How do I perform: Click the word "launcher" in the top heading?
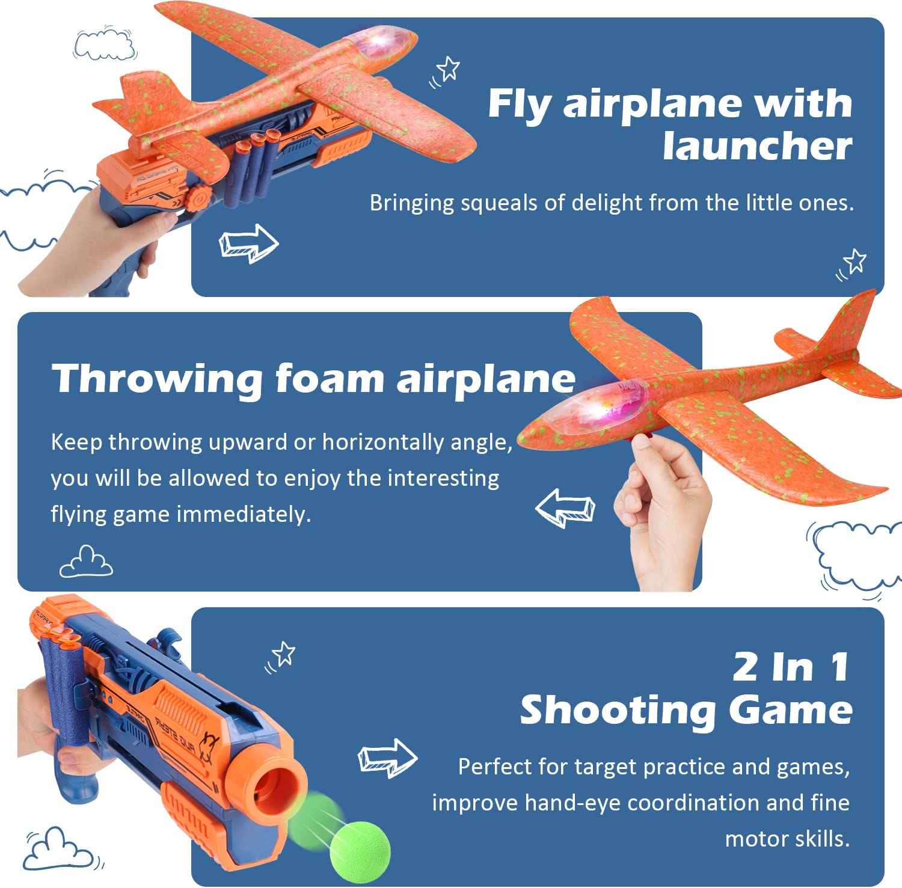coord(757,147)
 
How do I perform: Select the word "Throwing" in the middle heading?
coord(157,379)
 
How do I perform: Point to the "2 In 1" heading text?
coord(790,667)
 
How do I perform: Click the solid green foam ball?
coord(360,852)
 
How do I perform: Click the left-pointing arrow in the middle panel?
coord(565,508)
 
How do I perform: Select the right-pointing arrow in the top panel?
coord(248,243)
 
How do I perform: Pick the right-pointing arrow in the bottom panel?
coord(387,758)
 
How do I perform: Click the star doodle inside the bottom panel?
coord(283,654)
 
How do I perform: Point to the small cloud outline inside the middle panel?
coord(86,562)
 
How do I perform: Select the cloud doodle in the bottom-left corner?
coord(58,849)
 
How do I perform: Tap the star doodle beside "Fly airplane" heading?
coord(448,69)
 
